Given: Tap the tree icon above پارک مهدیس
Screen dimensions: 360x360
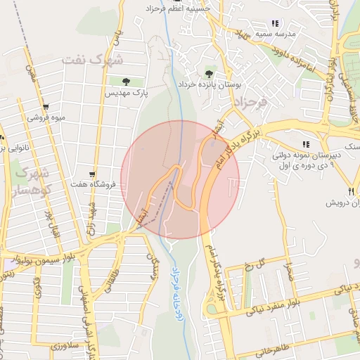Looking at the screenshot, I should [126, 82].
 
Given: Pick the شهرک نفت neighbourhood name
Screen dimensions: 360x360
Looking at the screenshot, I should [91, 59].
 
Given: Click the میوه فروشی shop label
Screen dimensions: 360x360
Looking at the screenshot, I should [46, 117].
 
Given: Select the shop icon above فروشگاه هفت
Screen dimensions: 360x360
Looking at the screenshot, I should [92, 174].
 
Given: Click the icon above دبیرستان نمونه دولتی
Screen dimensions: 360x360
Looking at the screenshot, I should [305, 144].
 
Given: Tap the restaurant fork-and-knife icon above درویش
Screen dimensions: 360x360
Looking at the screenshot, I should [350, 191].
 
